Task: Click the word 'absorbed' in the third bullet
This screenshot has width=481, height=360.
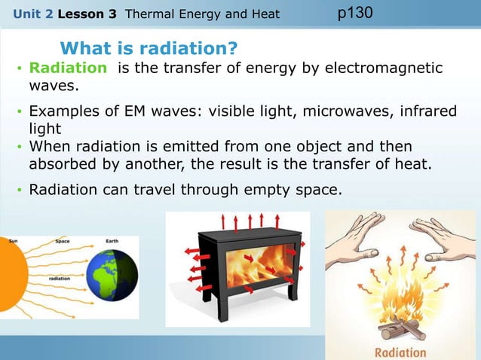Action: pyautogui.click(x=61, y=162)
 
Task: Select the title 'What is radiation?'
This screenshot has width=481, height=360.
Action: pyautogui.click(x=149, y=49)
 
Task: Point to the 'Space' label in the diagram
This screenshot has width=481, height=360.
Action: pyautogui.click(x=63, y=241)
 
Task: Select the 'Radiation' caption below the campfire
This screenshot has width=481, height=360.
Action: pyautogui.click(x=400, y=352)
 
